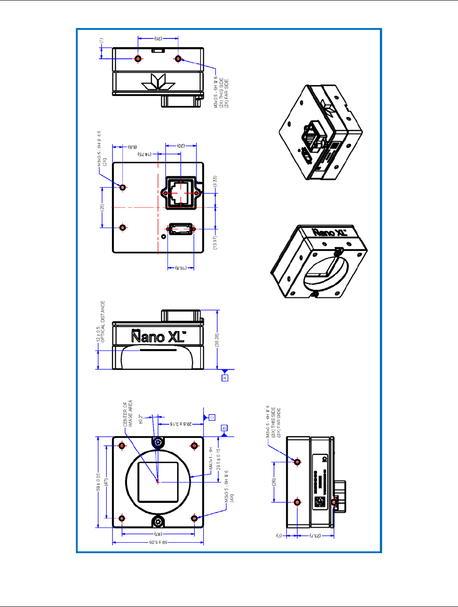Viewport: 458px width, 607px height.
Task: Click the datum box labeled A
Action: pyautogui.click(x=224, y=377)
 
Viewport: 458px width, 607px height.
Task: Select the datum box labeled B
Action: pyautogui.click(x=224, y=428)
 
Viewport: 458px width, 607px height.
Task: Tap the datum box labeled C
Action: pyautogui.click(x=212, y=417)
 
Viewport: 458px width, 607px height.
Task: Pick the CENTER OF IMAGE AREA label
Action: pyautogui.click(x=128, y=413)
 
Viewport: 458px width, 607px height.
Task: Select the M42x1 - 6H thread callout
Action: pyautogui.click(x=210, y=459)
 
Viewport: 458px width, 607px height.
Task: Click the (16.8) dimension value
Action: pyautogui.click(x=181, y=268)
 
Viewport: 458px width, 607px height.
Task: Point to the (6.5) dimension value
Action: pyautogui.click(x=133, y=147)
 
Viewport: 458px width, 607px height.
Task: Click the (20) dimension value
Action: pyautogui.click(x=181, y=146)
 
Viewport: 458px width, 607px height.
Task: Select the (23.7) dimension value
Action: pyautogui.click(x=316, y=536)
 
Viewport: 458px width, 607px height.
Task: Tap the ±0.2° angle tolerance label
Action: pyautogui.click(x=141, y=419)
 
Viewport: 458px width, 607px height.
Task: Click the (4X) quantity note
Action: pyautogui.click(x=232, y=498)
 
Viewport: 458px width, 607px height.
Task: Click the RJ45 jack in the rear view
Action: pyautogui.click(x=181, y=193)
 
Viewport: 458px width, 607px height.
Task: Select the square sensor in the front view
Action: pyautogui.click(x=158, y=482)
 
